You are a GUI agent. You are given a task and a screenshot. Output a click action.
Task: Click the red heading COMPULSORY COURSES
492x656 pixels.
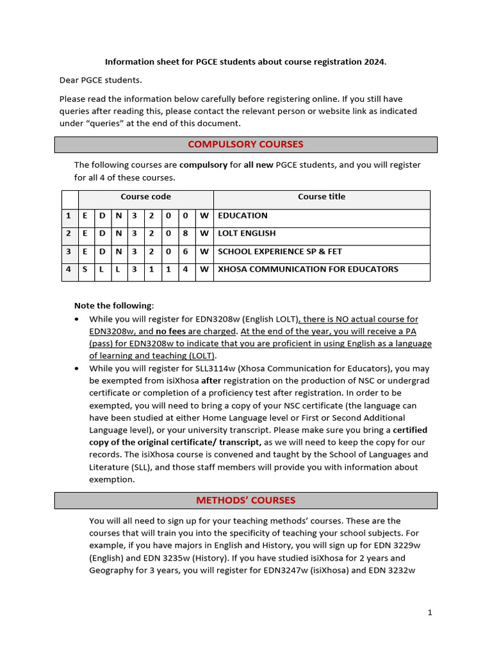coord(245,144)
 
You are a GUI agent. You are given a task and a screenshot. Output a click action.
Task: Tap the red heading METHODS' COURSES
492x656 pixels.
coord(245,500)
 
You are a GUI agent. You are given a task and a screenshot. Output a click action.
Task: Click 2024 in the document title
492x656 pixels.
coord(373,62)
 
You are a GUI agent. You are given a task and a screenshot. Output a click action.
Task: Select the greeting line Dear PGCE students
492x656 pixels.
coord(101,80)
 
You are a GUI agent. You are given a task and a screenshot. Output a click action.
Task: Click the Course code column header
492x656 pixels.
coord(145,197)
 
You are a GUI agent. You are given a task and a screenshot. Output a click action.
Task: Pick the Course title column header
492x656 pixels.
coord(321,197)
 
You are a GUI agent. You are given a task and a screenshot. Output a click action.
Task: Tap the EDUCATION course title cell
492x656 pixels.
coord(243,216)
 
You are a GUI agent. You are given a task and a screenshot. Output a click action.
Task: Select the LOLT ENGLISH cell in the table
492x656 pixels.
coord(247,234)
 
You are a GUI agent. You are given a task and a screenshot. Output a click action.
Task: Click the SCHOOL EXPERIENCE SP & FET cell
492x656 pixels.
coord(279,252)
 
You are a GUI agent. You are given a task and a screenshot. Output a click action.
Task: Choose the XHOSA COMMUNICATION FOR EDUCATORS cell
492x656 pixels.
coord(307,270)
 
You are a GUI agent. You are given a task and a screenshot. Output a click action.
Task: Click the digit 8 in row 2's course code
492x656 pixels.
coord(185,234)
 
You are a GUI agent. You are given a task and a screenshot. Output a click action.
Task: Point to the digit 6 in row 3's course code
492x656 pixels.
coord(185,252)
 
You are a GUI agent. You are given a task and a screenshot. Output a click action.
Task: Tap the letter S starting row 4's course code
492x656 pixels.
coord(85,270)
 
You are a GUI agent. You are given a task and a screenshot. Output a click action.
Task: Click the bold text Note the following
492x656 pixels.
coord(113,306)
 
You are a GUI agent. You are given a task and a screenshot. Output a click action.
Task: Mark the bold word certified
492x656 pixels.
coord(409,430)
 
